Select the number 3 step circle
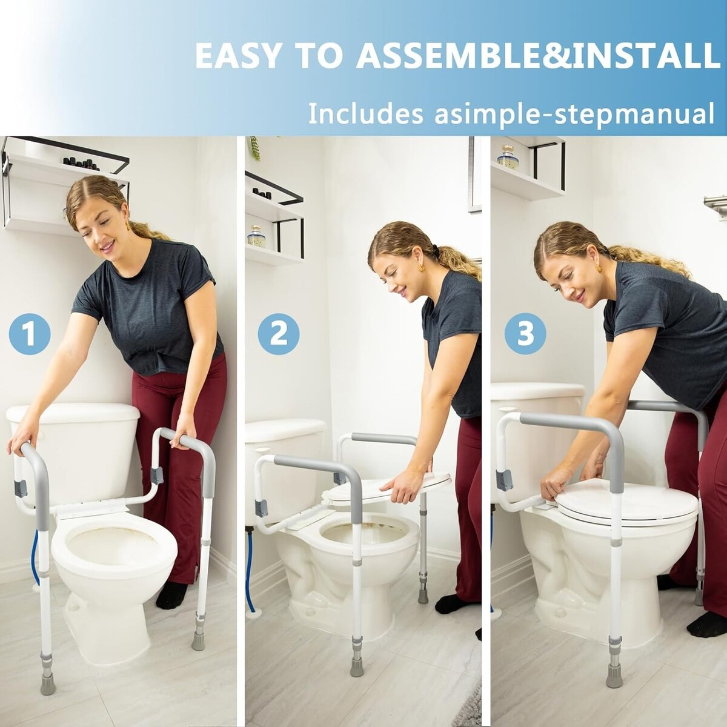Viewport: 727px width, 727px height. pyautogui.click(x=525, y=333)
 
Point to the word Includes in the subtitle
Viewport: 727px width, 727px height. pyautogui.click(x=365, y=113)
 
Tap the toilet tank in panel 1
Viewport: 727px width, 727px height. pyautogui.click(x=74, y=451)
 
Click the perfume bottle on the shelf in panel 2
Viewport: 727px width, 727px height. pyautogui.click(x=256, y=236)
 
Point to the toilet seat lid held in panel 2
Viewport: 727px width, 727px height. pyautogui.click(x=393, y=488)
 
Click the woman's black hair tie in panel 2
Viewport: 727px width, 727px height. pyautogui.click(x=436, y=250)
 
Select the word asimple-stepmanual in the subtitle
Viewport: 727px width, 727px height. pyautogui.click(x=574, y=113)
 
